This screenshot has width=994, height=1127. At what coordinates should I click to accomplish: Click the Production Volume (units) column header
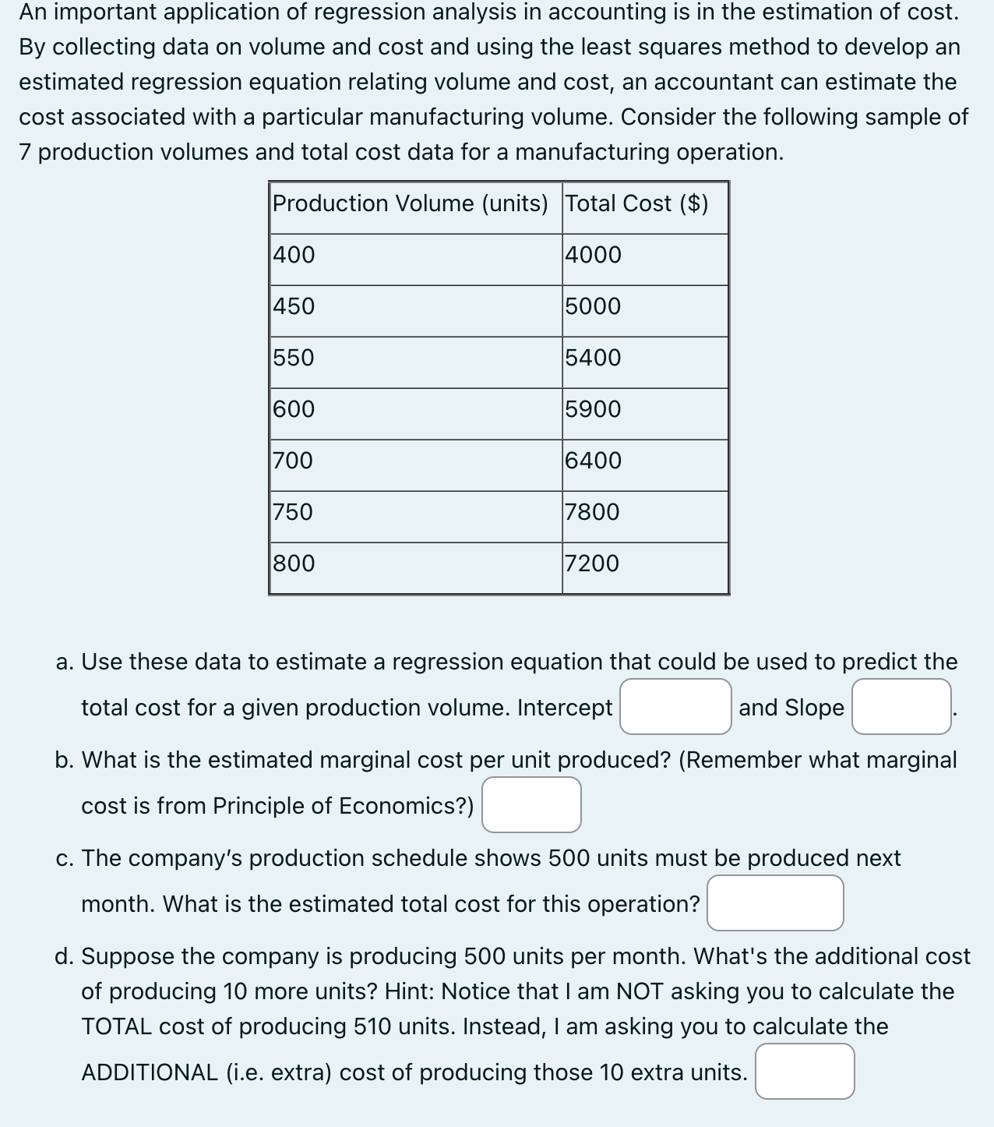click(x=411, y=204)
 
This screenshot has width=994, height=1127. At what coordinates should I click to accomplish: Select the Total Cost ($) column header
click(x=636, y=204)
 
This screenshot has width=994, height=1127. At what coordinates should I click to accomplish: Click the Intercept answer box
click(x=675, y=706)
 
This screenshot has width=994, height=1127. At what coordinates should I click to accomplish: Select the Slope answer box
click(x=901, y=706)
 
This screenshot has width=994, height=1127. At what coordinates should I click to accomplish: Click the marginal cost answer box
click(x=531, y=804)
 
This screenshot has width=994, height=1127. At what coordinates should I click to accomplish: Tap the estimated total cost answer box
click(x=775, y=903)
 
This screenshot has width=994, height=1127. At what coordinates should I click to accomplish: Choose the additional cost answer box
click(x=805, y=1071)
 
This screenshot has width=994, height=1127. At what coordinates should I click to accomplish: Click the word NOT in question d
click(x=640, y=991)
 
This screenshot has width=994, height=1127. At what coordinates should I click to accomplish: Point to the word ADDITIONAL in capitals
click(x=150, y=1072)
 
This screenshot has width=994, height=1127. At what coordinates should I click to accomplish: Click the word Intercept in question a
click(x=565, y=708)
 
